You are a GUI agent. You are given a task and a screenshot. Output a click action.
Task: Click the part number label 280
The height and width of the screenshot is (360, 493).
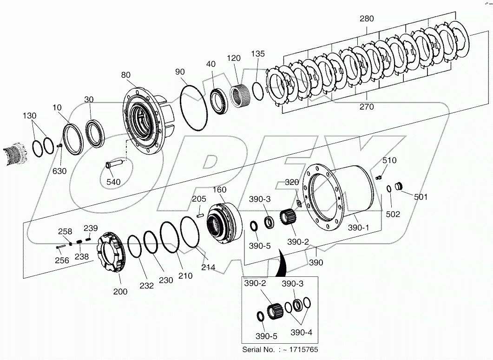click(x=367, y=19)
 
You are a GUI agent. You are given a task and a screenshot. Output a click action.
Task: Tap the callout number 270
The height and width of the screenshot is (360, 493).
click(x=366, y=107)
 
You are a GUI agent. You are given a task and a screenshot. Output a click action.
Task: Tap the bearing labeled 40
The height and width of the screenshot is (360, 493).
click(x=217, y=100)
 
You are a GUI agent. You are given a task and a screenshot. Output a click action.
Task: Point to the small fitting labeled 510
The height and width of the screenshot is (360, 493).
click(x=378, y=177)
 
